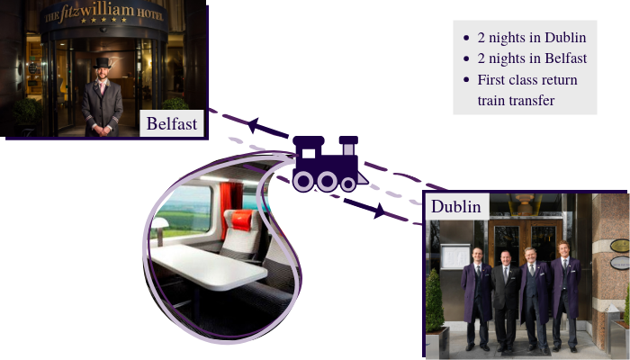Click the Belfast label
[x=172, y=123]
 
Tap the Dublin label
[x=455, y=206]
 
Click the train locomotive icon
[x=326, y=163]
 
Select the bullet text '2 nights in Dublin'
[x=532, y=38]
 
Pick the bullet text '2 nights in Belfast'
[x=532, y=58]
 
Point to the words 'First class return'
[x=527, y=80]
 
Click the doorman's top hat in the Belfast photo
[x=102, y=62]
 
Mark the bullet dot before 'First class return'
[x=465, y=80]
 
